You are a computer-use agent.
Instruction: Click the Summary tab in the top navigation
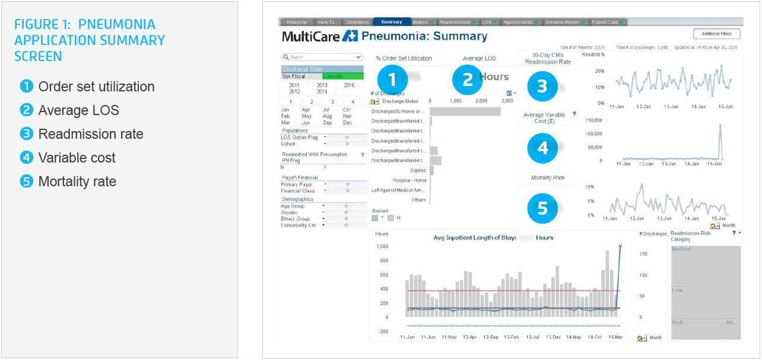(x=392, y=22)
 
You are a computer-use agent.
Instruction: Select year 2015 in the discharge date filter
(x=349, y=85)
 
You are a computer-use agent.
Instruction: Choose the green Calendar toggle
(x=342, y=77)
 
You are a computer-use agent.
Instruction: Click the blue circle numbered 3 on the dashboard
(x=542, y=86)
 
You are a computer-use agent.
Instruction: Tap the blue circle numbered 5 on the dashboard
(x=542, y=208)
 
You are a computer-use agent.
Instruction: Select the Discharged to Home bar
(x=465, y=111)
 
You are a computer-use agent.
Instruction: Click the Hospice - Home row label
(x=409, y=180)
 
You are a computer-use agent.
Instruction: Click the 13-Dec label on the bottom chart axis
(x=553, y=337)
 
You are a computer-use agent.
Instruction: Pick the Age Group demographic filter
(x=293, y=206)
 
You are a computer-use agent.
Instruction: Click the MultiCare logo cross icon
(x=350, y=36)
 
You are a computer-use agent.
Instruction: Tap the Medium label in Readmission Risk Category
(x=681, y=249)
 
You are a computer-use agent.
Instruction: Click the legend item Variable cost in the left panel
(x=77, y=158)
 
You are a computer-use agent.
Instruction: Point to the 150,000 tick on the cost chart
(x=594, y=120)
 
